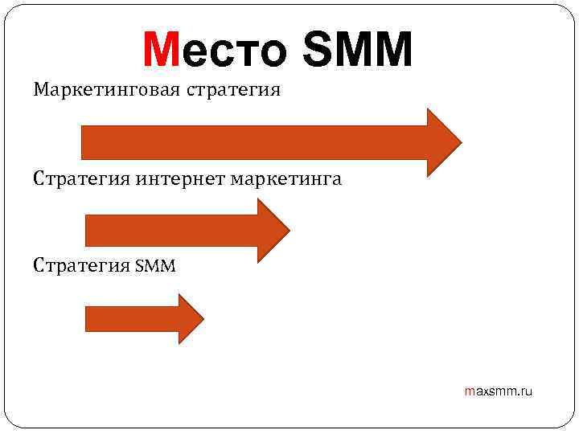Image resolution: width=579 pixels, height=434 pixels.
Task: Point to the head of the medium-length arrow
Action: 271,231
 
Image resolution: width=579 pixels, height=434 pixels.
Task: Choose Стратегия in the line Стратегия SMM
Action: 80,264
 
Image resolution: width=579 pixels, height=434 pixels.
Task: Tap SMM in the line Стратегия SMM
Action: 155,264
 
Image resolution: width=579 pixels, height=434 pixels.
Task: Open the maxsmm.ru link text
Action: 499,391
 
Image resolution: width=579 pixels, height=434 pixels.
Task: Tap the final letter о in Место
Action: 270,52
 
